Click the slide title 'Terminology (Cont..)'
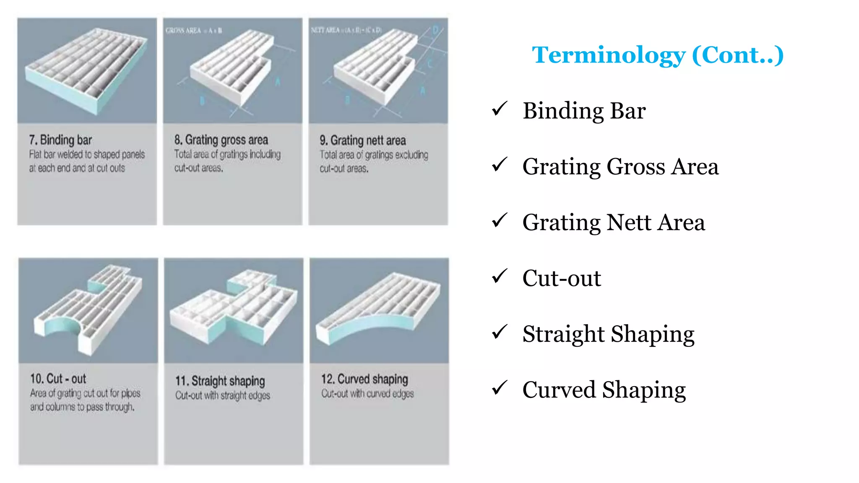(x=658, y=55)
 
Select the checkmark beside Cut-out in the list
(x=499, y=276)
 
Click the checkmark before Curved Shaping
(x=499, y=388)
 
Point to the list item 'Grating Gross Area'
(x=620, y=166)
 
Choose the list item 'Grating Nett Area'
(x=614, y=222)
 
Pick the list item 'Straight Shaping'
(x=608, y=334)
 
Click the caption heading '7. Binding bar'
(x=60, y=140)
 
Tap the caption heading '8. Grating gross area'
(x=221, y=140)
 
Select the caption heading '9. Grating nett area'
(x=363, y=140)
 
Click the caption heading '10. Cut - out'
(x=58, y=379)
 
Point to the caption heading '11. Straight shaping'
(x=220, y=381)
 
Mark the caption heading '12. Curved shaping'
(x=364, y=379)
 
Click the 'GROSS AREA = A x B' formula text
(x=194, y=31)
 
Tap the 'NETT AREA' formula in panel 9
(x=346, y=30)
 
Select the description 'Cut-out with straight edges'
(x=223, y=395)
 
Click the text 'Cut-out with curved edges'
(x=367, y=394)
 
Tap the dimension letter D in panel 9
(x=435, y=30)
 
